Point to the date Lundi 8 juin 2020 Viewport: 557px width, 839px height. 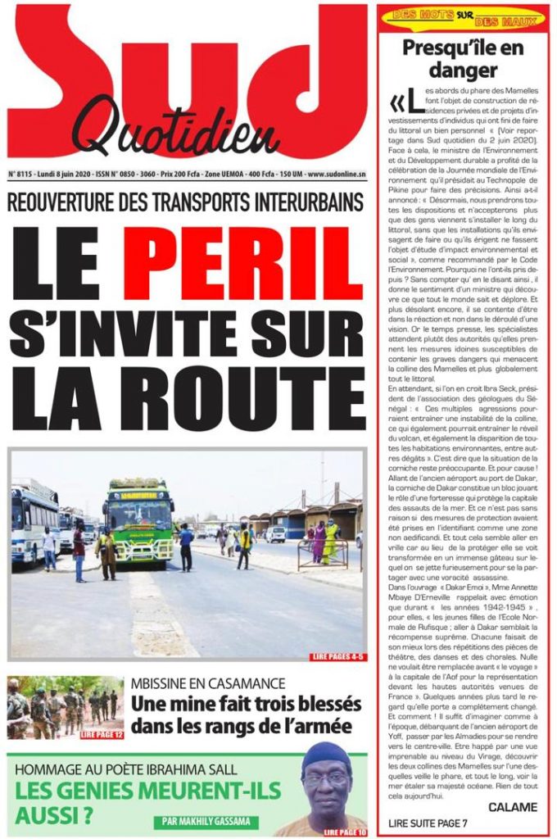pyautogui.click(x=70, y=175)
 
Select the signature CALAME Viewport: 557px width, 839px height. pyautogui.click(x=513, y=807)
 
